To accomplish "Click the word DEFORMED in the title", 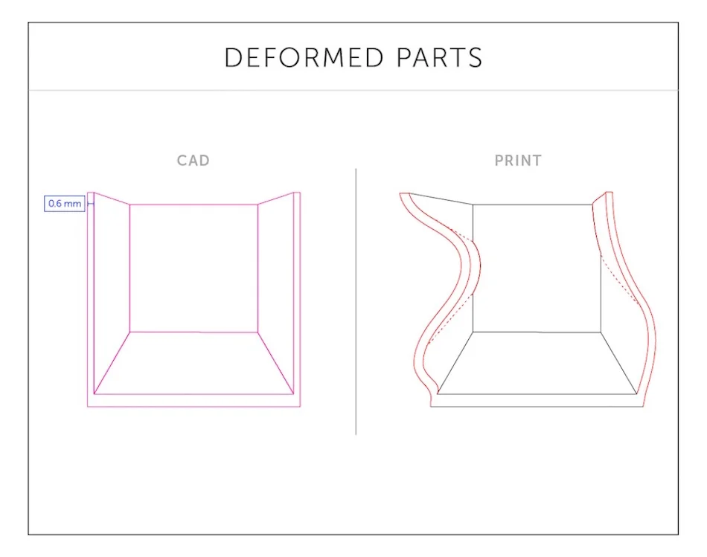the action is pos(304,58).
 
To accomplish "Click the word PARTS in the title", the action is pos(440,58).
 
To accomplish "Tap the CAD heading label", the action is pos(193,161).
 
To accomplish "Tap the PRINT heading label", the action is pos(518,161).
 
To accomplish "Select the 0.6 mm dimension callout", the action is pos(65,204).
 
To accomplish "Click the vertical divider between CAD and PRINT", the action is pos(356,301).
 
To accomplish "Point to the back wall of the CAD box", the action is pos(194,268).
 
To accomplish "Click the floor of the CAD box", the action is pos(194,363).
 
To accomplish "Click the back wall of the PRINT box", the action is pos(537,268).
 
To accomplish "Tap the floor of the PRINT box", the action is pos(537,363).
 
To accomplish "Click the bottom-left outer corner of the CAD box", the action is pos(88,407).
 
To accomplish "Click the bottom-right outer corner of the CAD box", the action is pos(301,407).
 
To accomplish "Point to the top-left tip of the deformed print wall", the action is pos(400,194).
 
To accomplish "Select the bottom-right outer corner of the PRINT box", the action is pos(644,407).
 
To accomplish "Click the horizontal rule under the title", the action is pos(353,90).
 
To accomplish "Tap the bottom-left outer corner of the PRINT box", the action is pos(431,407).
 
